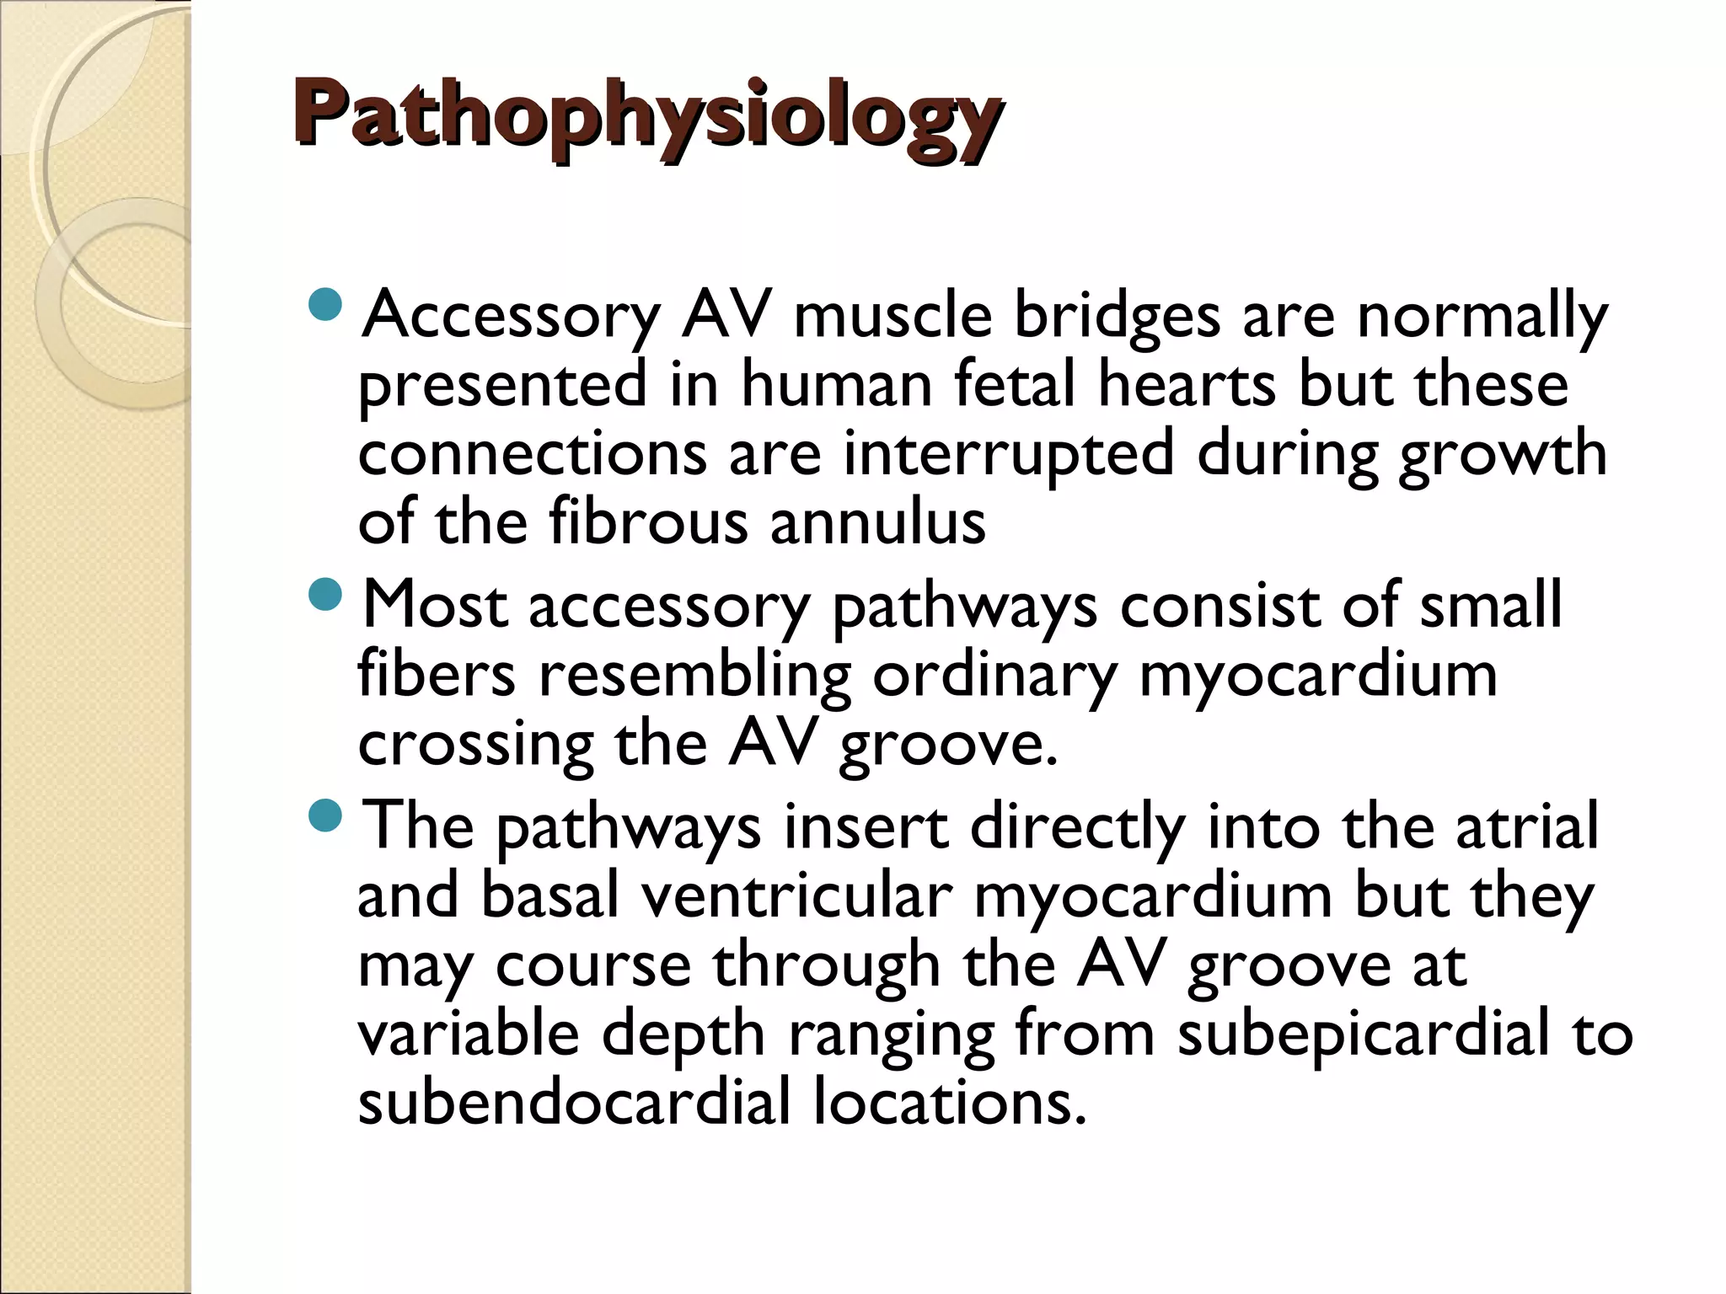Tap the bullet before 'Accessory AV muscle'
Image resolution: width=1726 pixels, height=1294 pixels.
coord(325,304)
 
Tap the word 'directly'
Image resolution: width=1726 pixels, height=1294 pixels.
coord(1077,828)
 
